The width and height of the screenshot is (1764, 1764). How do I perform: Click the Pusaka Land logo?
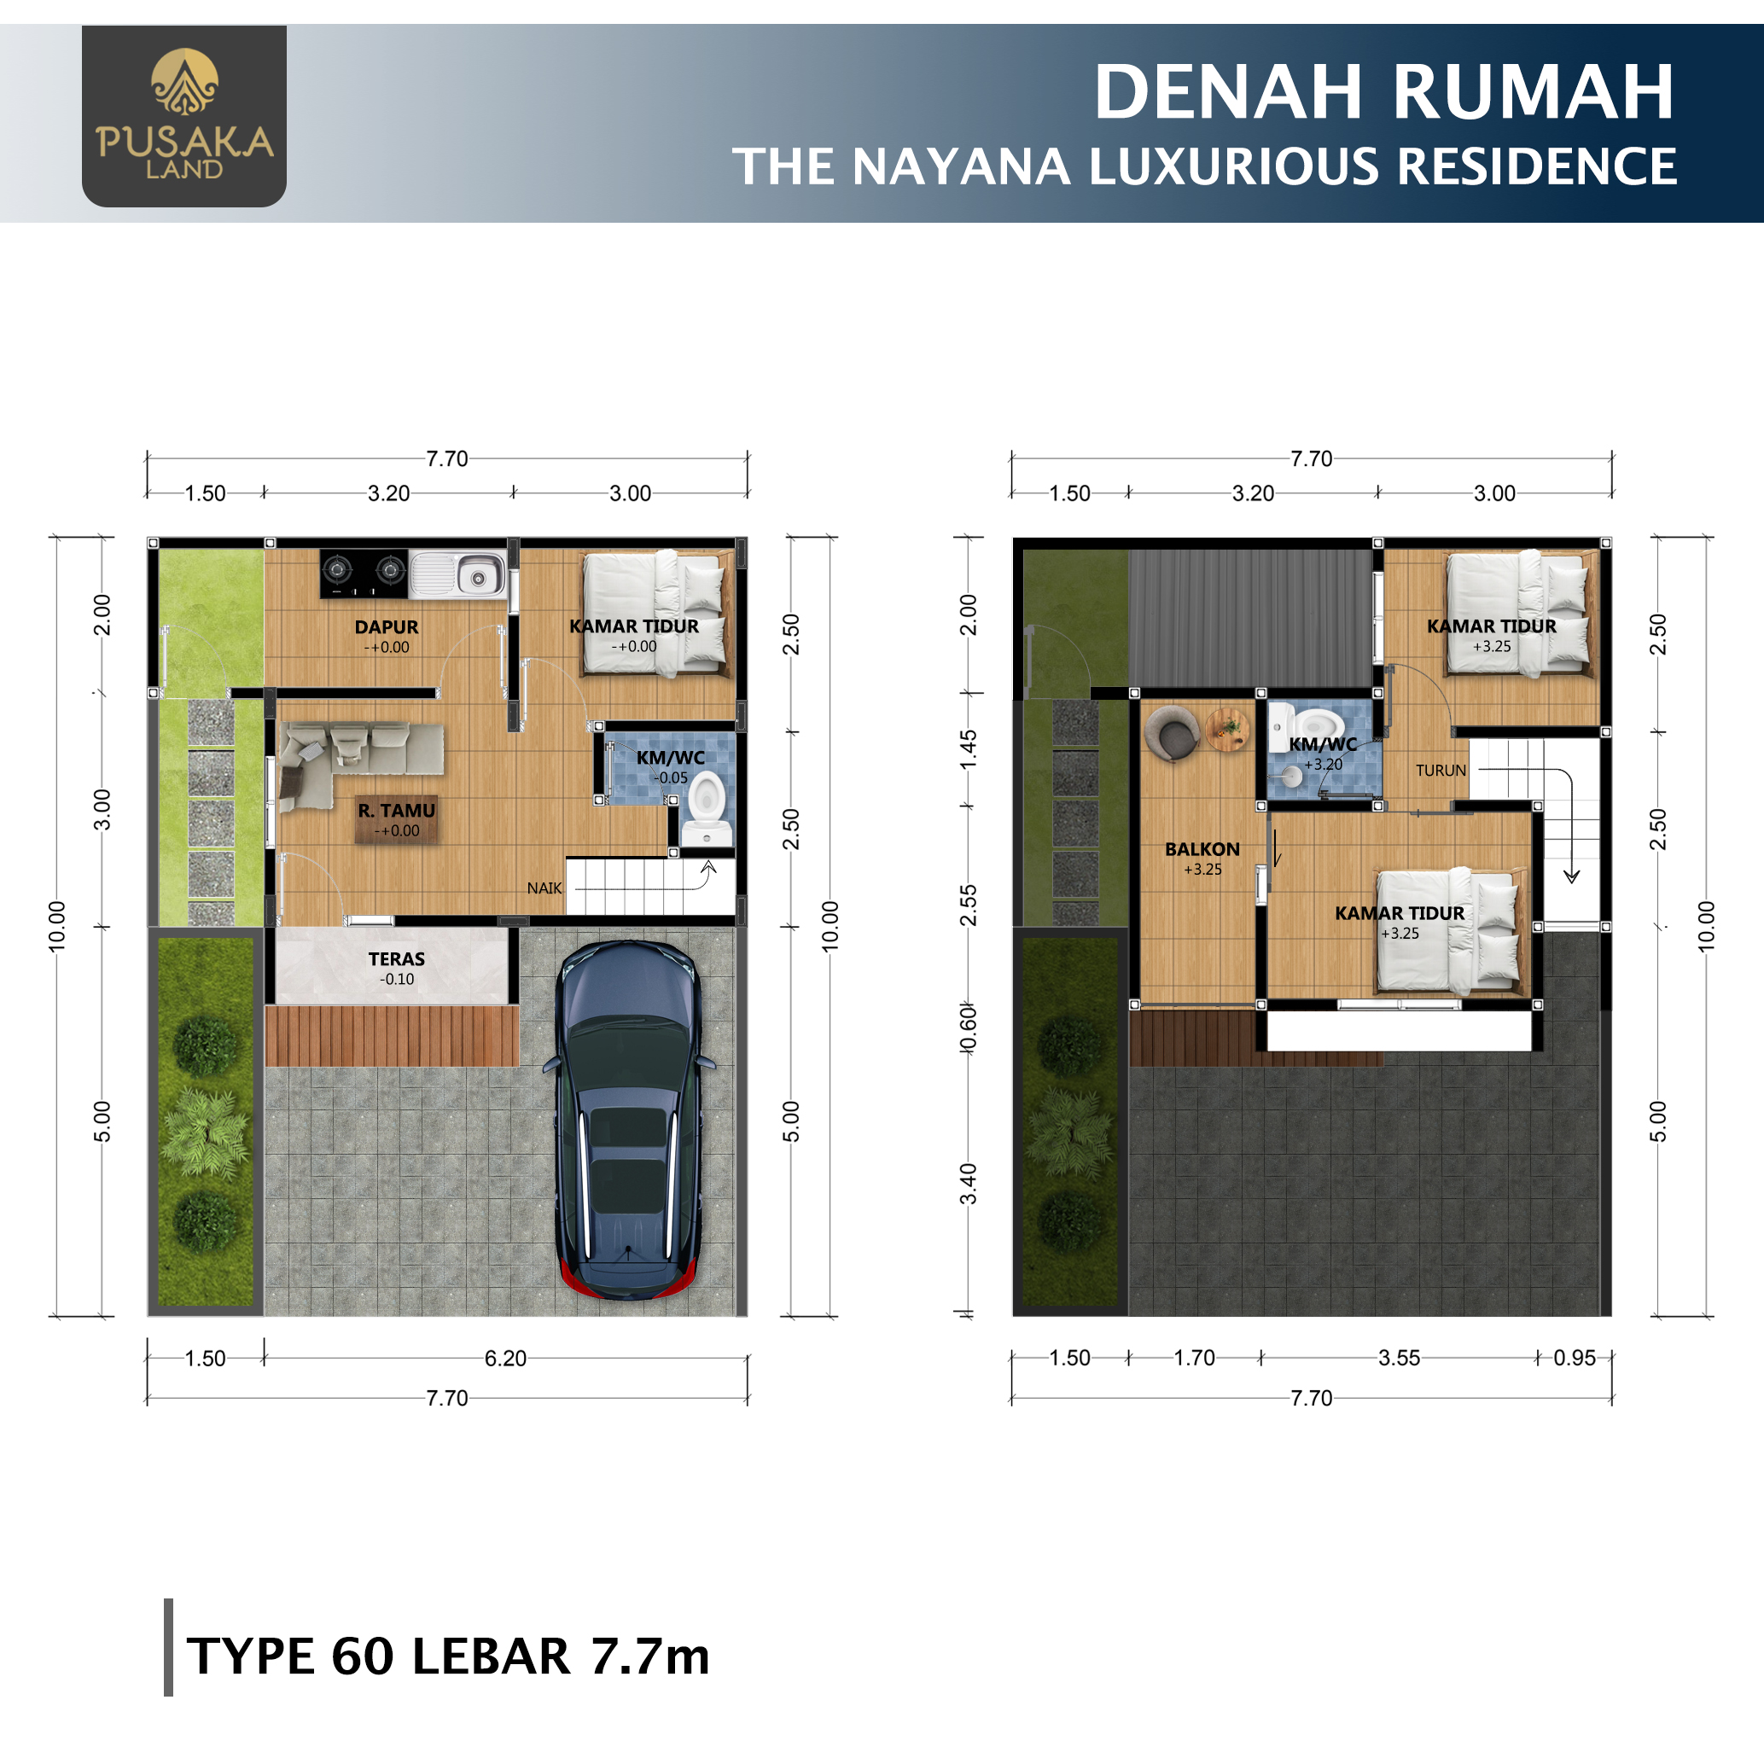click(x=184, y=116)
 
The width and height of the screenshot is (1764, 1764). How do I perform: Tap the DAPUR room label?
click(x=387, y=627)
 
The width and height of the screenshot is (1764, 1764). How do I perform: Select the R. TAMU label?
click(x=396, y=811)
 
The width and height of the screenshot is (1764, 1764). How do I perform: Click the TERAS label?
click(x=396, y=958)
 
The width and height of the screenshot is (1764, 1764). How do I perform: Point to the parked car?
click(x=629, y=1120)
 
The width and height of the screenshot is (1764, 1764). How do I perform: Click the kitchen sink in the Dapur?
click(x=457, y=574)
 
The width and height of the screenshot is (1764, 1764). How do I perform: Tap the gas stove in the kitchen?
click(x=364, y=573)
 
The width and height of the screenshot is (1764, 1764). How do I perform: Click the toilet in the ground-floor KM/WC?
click(x=707, y=809)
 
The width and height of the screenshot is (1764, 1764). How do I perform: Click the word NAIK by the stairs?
click(x=544, y=888)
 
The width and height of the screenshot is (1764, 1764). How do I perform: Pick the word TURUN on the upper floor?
click(x=1441, y=771)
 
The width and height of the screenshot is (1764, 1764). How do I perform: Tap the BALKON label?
click(x=1202, y=849)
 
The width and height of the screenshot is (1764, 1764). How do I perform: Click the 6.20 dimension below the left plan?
click(x=505, y=1359)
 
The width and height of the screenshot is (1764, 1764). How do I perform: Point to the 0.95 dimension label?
click(x=1575, y=1358)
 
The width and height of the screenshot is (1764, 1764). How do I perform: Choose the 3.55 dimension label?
click(x=1399, y=1358)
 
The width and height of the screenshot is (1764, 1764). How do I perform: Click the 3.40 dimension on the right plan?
click(x=969, y=1184)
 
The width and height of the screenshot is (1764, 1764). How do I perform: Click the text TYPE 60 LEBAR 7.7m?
click(x=447, y=1656)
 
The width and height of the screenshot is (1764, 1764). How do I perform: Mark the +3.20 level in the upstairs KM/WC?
click(x=1323, y=764)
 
